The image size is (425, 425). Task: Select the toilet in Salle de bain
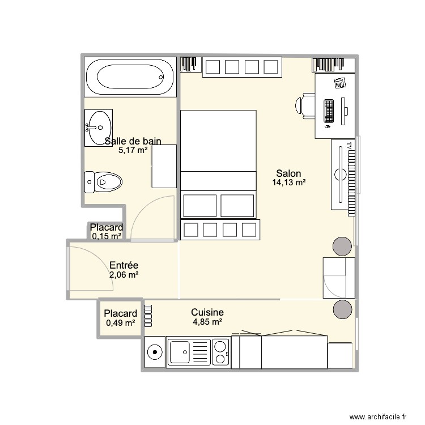(104, 182)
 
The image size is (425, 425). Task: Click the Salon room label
(288, 173)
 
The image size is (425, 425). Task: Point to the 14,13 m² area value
(288, 182)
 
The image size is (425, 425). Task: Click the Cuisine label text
(207, 312)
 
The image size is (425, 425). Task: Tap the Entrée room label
(124, 265)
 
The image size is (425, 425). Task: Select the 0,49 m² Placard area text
(120, 323)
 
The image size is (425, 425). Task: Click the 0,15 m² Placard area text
(107, 236)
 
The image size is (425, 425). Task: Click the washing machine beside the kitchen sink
(155, 352)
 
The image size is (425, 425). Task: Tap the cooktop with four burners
(220, 352)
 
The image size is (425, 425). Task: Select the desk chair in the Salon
(304, 105)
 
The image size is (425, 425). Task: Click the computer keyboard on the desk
(328, 112)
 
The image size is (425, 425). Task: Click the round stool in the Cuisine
(342, 309)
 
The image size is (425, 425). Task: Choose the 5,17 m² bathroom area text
(133, 150)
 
